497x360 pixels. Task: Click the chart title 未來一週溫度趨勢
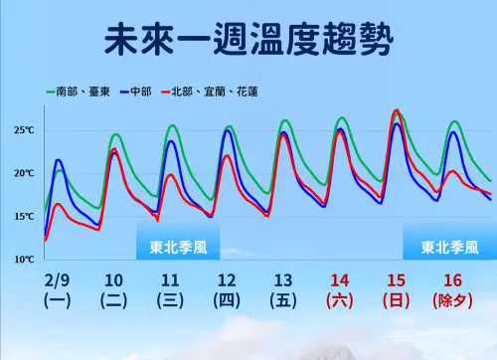click(248, 43)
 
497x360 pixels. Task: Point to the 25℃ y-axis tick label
click(25, 130)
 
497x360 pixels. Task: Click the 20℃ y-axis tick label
click(25, 173)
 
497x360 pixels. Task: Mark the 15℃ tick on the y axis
click(25, 216)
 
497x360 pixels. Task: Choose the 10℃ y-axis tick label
click(25, 259)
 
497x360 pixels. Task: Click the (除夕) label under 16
click(453, 299)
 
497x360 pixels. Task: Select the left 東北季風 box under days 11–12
click(178, 248)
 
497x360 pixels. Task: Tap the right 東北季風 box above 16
click(449, 248)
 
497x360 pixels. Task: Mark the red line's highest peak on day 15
click(398, 110)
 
